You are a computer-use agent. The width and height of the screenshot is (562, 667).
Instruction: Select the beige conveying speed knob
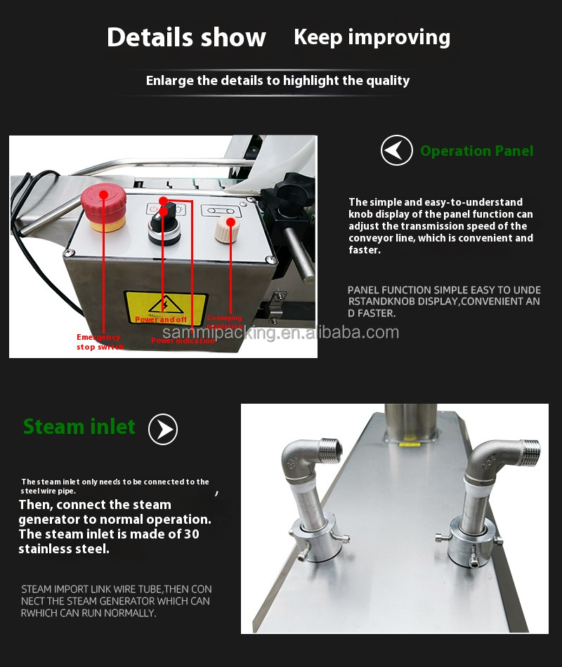point(227,230)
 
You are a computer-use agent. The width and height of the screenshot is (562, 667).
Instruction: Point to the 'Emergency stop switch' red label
point(100,342)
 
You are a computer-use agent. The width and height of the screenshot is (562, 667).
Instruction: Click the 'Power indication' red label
point(183,341)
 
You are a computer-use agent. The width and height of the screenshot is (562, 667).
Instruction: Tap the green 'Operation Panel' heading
point(476,151)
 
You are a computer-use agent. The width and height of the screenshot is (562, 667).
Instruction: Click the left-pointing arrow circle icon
point(396,150)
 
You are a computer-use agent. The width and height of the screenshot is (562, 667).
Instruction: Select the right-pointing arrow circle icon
point(163,429)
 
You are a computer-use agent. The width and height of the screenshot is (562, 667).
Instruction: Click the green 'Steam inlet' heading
point(79,427)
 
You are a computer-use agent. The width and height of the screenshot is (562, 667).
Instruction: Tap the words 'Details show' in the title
point(186,37)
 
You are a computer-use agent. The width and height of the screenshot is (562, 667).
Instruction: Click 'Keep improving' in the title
point(372,37)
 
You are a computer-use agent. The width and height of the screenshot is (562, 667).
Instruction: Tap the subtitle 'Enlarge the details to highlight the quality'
point(277,81)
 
